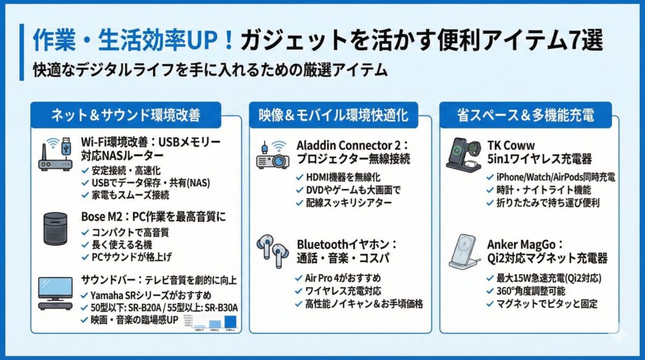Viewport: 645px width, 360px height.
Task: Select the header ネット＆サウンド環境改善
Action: tap(126, 115)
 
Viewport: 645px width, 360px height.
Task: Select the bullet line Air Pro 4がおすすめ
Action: tap(340, 278)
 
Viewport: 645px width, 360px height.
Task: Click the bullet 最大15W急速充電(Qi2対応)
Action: tap(548, 278)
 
